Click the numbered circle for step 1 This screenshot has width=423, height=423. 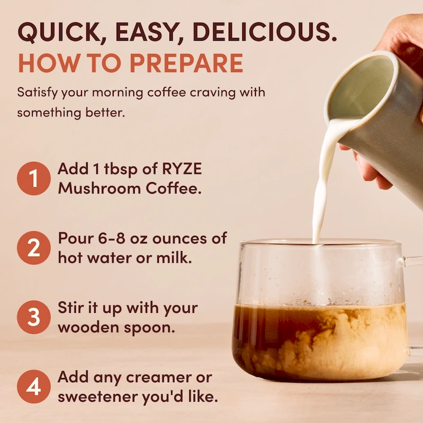[x=34, y=178]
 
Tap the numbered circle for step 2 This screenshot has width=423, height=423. [x=34, y=247]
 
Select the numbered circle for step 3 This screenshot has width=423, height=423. [x=34, y=317]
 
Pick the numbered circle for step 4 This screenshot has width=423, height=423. [x=34, y=387]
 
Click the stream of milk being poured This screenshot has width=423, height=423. [x=320, y=196]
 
